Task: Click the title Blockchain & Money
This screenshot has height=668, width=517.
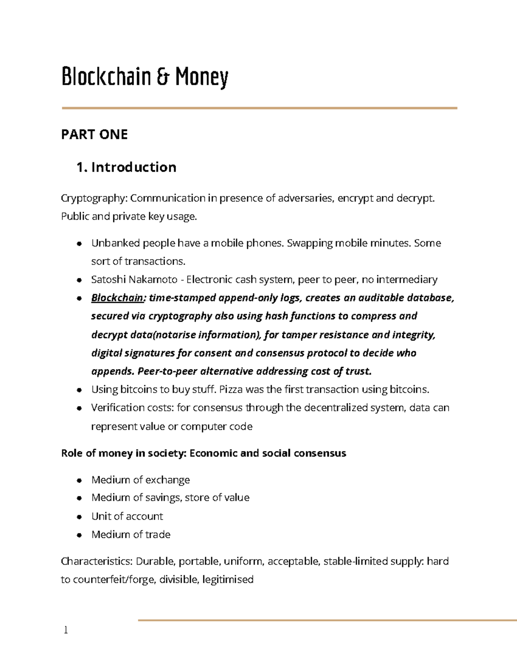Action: click(x=145, y=77)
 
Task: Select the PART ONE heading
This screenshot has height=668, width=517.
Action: click(x=94, y=135)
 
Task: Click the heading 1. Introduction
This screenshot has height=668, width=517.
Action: click(x=126, y=167)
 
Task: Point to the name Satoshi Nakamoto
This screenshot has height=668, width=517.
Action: click(x=134, y=280)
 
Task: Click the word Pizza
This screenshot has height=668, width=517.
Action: click(x=230, y=390)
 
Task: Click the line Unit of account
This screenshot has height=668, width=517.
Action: click(x=127, y=516)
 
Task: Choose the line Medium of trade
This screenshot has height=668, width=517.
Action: click(x=131, y=535)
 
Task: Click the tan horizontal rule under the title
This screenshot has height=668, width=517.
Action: click(x=259, y=108)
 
